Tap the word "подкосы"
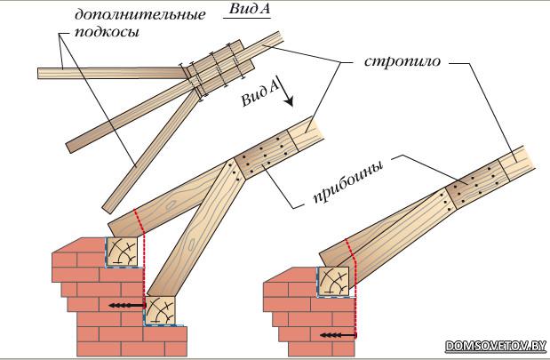coord(111,33)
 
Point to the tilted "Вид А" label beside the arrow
coord(260,92)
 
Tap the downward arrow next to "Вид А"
coord(288,93)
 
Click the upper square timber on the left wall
coord(124,252)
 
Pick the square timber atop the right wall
coord(337,283)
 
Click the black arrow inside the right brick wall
coord(339,335)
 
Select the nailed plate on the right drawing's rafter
coord(480,182)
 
